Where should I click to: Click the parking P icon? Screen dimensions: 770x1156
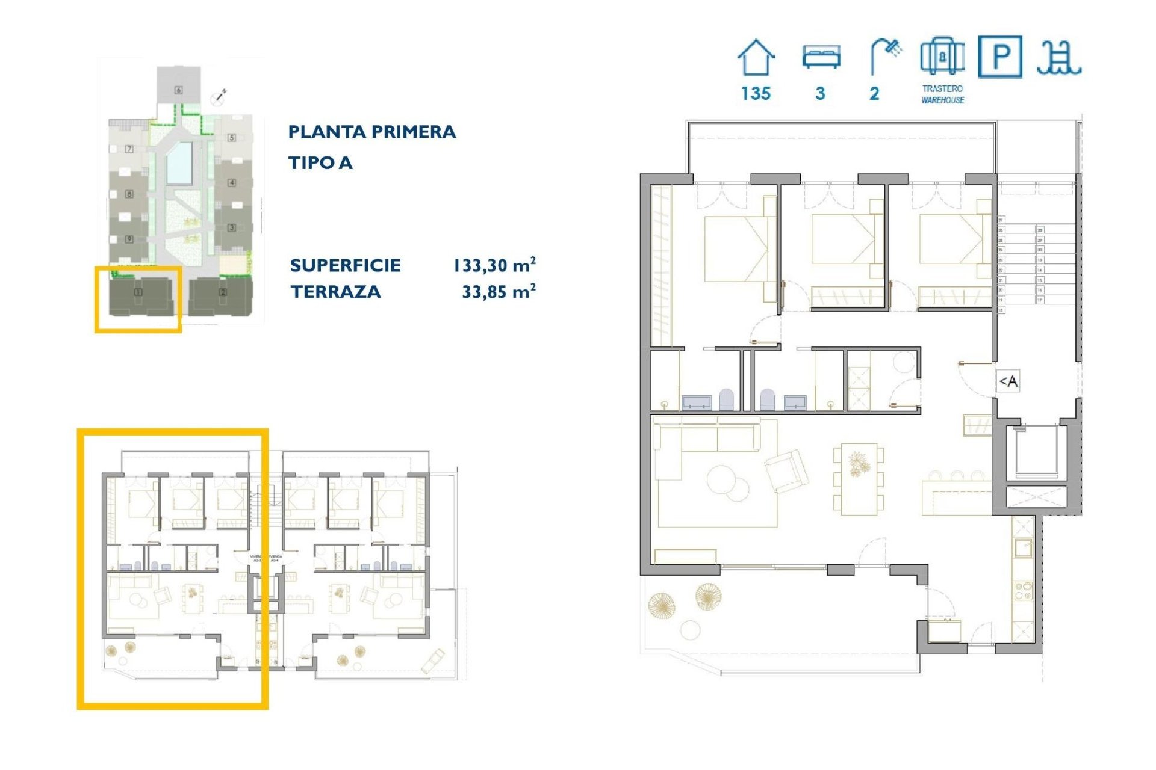[999, 57]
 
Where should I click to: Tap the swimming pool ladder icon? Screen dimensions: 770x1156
[1058, 58]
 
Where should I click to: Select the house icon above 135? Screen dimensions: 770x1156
[756, 58]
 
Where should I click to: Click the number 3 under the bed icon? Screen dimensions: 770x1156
[820, 94]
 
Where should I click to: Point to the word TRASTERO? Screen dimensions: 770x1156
[942, 88]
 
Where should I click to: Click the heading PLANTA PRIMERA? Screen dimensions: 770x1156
[371, 132]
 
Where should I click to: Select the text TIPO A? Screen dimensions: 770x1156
[320, 162]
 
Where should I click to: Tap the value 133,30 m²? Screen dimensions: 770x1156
[494, 265]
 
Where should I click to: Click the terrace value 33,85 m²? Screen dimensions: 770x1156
[498, 292]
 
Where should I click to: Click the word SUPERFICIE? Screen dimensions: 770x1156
[345, 265]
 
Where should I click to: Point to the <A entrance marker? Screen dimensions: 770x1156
[1008, 381]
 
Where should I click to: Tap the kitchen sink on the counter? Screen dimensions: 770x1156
[1022, 548]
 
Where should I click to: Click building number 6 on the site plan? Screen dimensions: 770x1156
[178, 90]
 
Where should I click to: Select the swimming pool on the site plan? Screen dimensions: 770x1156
[179, 162]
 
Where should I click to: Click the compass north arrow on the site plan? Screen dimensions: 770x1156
[219, 98]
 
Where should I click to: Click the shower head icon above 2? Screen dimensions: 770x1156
[885, 57]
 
